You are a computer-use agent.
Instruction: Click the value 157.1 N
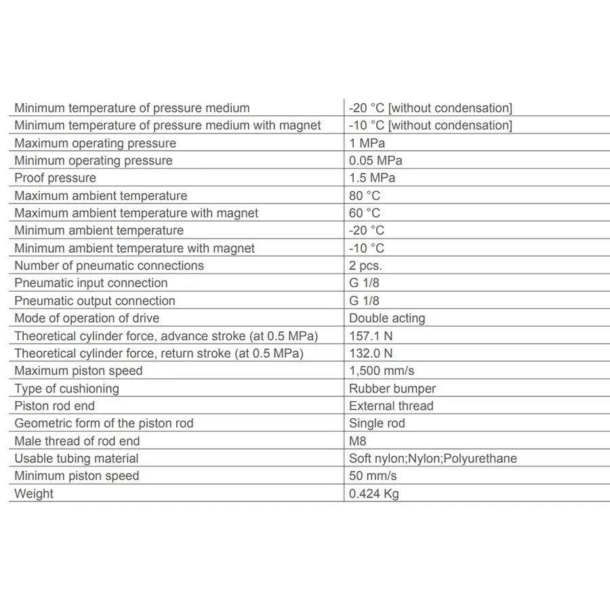tap(371, 335)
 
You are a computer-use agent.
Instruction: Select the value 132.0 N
tap(371, 353)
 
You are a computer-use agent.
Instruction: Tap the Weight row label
tap(34, 493)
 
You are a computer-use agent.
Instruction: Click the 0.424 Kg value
tap(374, 493)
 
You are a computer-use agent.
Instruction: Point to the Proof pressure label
tap(56, 178)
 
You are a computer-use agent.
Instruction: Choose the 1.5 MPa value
tap(372, 178)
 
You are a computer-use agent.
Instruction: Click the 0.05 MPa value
tap(375, 161)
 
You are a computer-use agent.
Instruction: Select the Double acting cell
tap(387, 318)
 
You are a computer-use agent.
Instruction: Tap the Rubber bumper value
tap(392, 388)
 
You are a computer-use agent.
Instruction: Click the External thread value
tap(391, 406)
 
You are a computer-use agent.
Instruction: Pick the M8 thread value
tap(358, 441)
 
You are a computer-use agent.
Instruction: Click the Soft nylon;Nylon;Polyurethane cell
tap(433, 458)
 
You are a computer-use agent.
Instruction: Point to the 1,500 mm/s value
tap(382, 371)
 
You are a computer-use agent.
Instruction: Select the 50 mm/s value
tap(373, 476)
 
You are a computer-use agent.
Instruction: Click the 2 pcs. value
tap(365, 266)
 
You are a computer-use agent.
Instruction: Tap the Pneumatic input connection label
tap(91, 283)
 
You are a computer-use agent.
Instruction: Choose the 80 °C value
tap(365, 195)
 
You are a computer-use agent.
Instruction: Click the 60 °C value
tap(365, 213)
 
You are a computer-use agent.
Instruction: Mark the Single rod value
tap(377, 423)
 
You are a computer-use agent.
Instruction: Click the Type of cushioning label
tap(66, 388)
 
